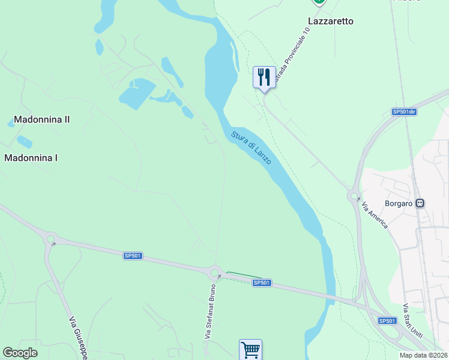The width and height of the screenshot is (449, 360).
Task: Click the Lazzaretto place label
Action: [330, 21]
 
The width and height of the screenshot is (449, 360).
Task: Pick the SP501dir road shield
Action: [403, 112]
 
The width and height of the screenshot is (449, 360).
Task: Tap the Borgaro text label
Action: [399, 203]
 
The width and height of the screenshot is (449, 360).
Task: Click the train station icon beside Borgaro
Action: [420, 203]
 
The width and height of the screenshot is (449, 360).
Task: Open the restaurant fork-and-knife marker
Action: [264, 78]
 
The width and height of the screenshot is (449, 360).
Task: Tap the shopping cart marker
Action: [250, 349]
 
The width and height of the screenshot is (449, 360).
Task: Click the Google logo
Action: [20, 353]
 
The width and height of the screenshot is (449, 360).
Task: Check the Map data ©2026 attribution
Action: [423, 355]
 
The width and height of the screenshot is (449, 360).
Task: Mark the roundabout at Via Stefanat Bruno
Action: [214, 274]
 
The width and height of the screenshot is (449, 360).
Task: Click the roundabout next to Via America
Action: [354, 195]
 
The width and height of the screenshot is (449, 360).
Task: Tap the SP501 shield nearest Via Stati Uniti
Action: [388, 321]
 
